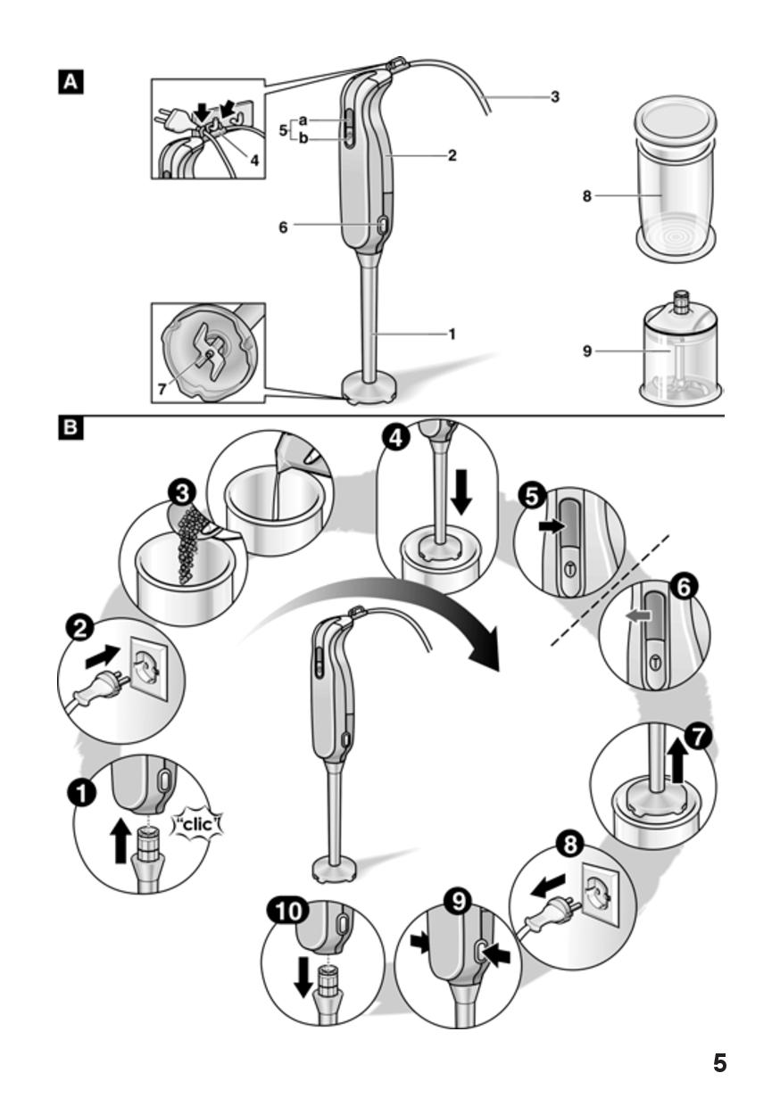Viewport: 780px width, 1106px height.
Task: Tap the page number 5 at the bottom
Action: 719,1063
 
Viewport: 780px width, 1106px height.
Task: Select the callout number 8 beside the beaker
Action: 587,196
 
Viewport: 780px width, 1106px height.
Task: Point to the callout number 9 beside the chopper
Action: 587,351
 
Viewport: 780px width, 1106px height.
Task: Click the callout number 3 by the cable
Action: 554,96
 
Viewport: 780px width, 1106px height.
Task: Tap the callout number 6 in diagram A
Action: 283,227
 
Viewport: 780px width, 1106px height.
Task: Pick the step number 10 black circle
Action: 286,912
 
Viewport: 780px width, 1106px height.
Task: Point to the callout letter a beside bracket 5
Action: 303,120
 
